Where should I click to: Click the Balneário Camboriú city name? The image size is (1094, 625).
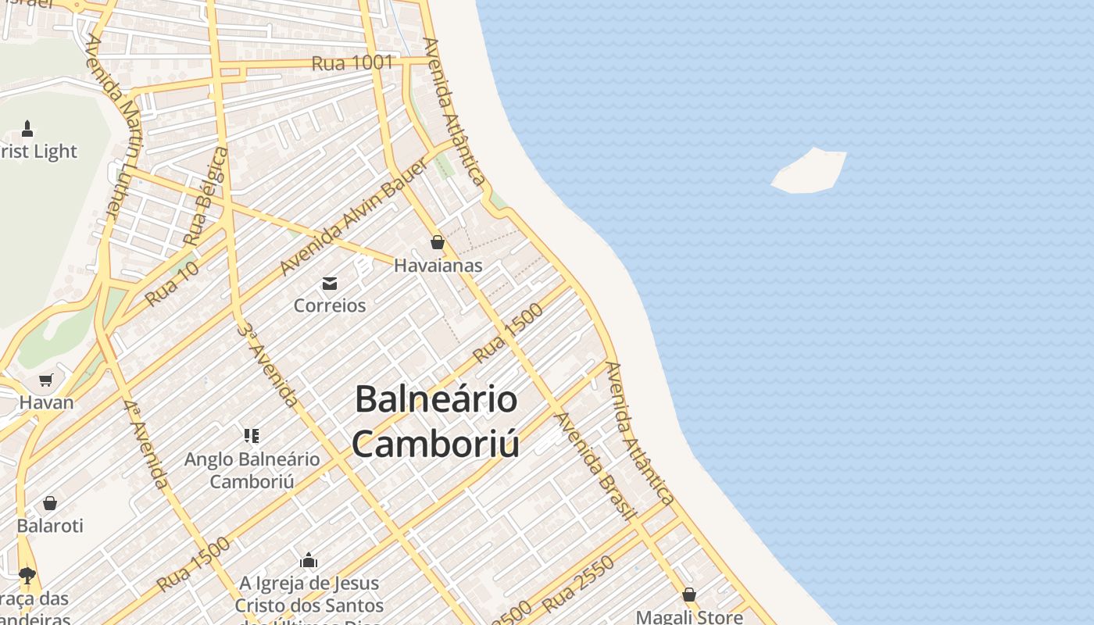coord(436,421)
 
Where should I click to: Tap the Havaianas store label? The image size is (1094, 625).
coord(438,266)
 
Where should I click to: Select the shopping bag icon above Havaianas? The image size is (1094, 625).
coord(438,242)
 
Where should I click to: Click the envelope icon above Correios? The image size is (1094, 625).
coord(330,283)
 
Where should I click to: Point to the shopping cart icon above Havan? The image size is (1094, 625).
coord(46,380)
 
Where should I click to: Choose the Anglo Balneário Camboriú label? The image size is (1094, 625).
coord(252,470)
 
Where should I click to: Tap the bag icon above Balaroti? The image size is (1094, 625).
coord(50,503)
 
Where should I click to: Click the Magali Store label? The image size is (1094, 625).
coord(689,617)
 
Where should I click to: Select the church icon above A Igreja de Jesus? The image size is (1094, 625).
coord(309,560)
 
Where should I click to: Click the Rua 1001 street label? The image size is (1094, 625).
coord(352,63)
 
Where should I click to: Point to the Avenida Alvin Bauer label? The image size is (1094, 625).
coord(353,216)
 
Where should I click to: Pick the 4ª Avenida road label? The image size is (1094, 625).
coord(145,444)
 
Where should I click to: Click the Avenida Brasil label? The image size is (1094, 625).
coord(592,465)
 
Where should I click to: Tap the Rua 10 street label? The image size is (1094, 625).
coord(172,284)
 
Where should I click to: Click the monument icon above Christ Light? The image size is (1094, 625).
coord(27,128)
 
